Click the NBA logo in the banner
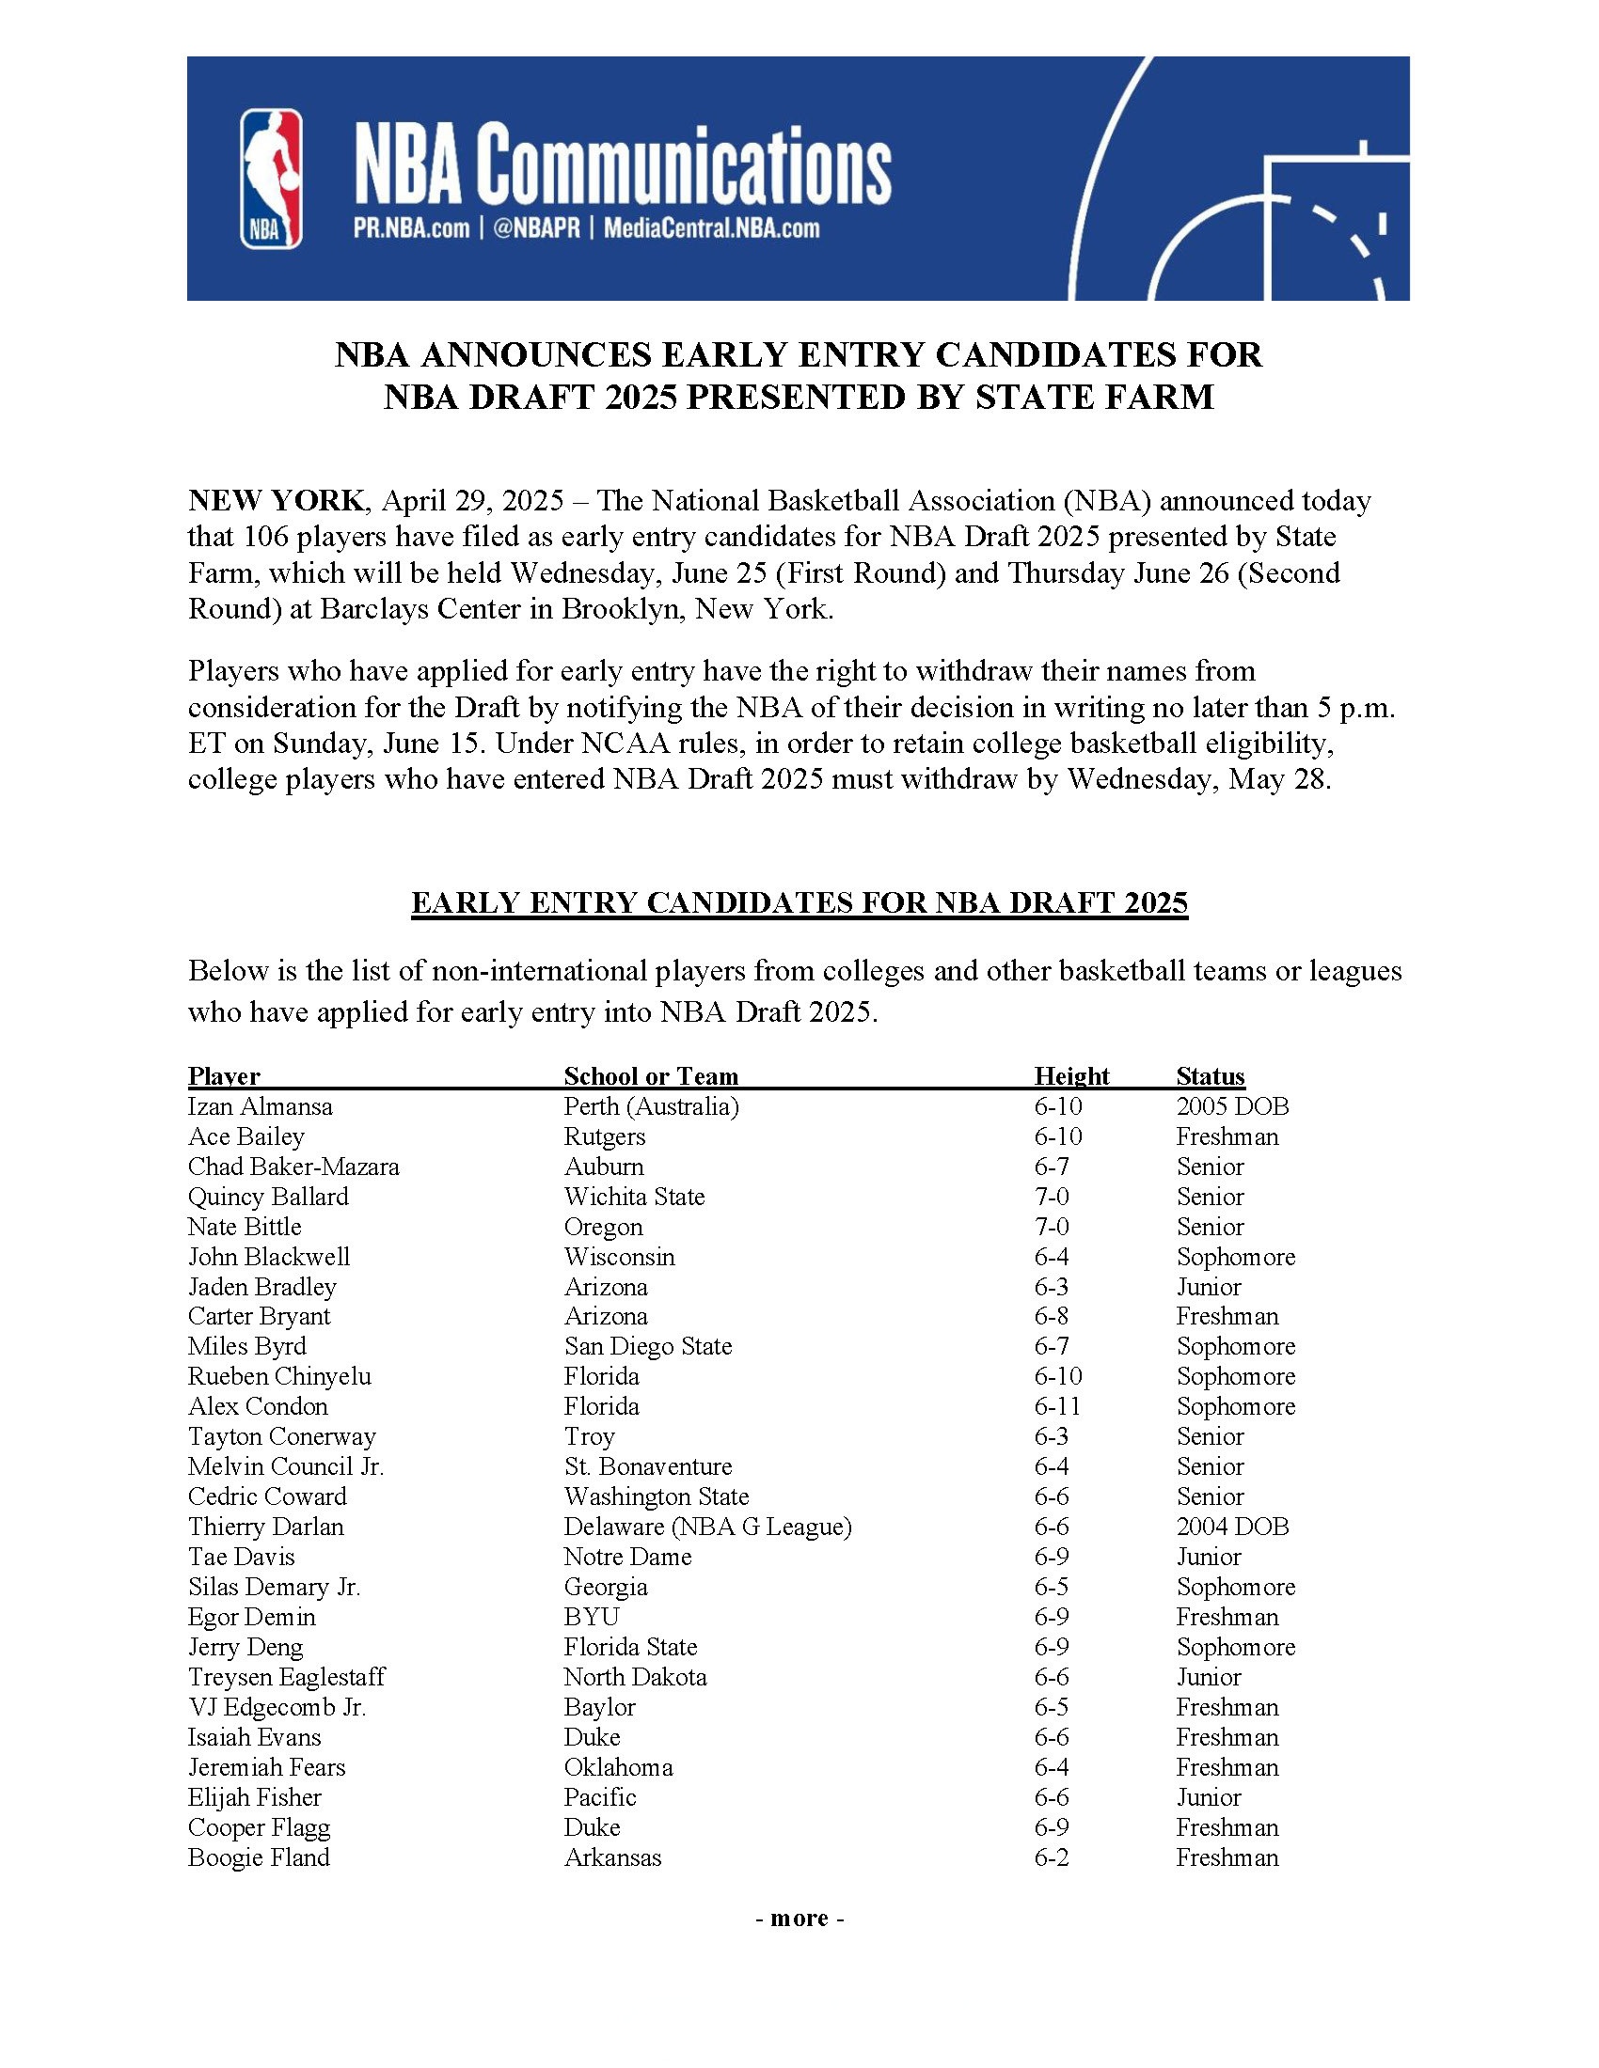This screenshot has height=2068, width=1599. click(x=271, y=178)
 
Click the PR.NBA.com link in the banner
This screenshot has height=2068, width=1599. click(x=410, y=228)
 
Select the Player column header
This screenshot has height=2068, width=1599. click(x=224, y=1075)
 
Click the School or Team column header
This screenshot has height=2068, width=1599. click(x=651, y=1075)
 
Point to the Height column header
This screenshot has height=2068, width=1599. click(x=1071, y=1075)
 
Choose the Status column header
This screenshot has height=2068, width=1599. click(x=1210, y=1075)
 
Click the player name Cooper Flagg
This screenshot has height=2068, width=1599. click(x=259, y=1826)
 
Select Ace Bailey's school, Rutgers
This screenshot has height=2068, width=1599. click(x=605, y=1136)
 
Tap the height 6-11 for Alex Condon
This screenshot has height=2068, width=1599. click(x=1057, y=1406)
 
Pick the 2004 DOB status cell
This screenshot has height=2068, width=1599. click(x=1231, y=1527)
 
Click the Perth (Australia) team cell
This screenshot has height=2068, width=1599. click(x=651, y=1106)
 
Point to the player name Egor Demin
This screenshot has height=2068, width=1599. click(x=251, y=1617)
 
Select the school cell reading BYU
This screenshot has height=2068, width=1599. click(x=591, y=1617)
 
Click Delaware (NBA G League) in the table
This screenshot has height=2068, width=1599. click(x=707, y=1527)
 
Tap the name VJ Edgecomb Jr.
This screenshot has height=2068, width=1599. click(x=277, y=1706)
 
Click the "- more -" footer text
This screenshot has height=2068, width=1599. click(x=799, y=1918)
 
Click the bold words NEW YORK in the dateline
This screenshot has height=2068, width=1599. click(x=275, y=500)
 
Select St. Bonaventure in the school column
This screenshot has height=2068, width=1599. click(x=648, y=1466)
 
